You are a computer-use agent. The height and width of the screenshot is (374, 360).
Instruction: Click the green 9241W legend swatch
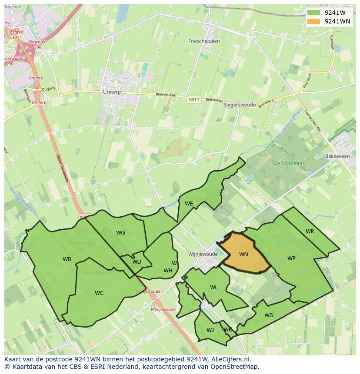click(x=313, y=13)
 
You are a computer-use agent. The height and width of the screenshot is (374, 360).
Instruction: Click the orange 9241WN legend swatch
click(x=313, y=21)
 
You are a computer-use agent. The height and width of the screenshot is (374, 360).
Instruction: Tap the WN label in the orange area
click(x=243, y=254)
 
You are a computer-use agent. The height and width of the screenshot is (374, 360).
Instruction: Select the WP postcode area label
click(x=291, y=258)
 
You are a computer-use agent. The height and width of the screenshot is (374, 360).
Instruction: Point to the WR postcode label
click(x=310, y=232)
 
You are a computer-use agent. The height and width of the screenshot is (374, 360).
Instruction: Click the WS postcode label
click(x=269, y=315)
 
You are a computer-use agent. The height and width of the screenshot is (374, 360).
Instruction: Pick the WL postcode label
click(x=214, y=288)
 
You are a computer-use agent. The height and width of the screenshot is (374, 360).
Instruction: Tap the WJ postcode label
click(x=210, y=330)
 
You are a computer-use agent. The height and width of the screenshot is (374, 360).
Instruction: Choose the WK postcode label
click(x=228, y=330)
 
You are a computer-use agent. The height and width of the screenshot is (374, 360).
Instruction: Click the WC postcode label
click(x=99, y=293)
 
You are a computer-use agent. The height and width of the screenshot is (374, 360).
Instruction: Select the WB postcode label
click(x=67, y=259)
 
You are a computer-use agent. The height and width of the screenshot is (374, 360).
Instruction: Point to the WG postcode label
click(x=120, y=233)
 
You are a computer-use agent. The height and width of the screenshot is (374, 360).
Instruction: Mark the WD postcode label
click(x=137, y=262)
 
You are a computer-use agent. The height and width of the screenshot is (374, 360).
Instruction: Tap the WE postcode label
click(x=189, y=203)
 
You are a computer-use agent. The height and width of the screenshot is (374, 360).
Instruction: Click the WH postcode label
click(x=168, y=271)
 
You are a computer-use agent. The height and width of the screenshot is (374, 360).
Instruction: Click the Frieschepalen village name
click(x=204, y=41)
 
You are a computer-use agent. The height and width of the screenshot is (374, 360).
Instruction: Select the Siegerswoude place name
click(x=240, y=105)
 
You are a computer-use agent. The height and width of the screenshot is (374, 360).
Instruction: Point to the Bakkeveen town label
click(x=337, y=155)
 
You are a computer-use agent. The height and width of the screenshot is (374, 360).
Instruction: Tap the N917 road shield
click(x=194, y=100)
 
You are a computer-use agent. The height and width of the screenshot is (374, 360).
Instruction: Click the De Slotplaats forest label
click(x=289, y=163)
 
